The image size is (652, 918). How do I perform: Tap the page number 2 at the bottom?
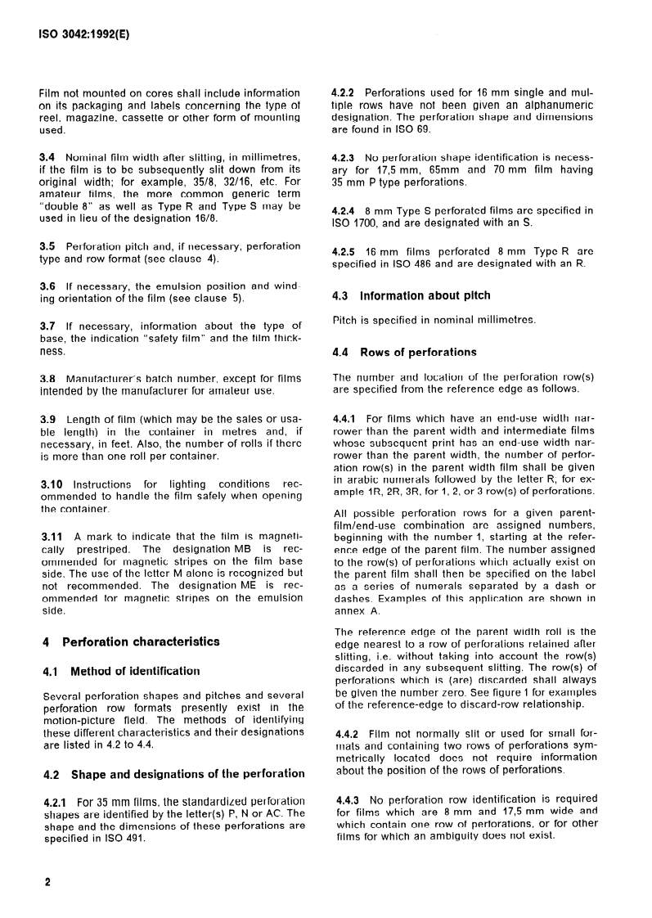point(47,883)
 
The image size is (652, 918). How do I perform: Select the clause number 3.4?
point(50,156)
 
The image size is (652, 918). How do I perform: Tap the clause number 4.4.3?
point(347,799)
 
